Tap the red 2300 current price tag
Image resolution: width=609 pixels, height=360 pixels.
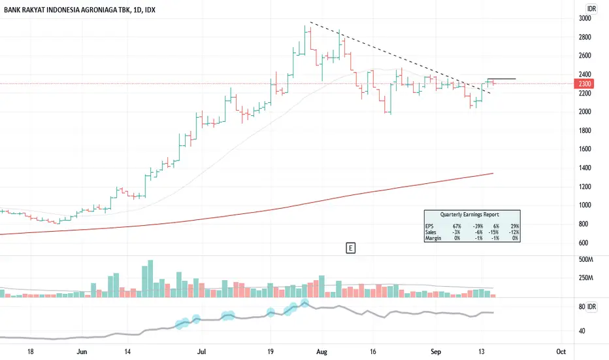tap(584, 84)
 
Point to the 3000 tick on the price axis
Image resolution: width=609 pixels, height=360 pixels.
tap(585, 18)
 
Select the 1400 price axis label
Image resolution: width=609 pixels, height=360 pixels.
tap(585, 168)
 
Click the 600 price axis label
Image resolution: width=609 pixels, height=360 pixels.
tap(583, 242)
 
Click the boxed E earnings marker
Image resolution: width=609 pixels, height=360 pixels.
tap(350, 248)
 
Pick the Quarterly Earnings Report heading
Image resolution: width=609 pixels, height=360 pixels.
tap(469, 215)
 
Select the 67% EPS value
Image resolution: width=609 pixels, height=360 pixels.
tap(457, 226)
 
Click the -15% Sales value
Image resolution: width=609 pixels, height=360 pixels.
tap(493, 232)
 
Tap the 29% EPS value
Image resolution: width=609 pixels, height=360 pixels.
tap(515, 226)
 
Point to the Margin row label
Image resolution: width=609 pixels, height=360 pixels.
tap(433, 238)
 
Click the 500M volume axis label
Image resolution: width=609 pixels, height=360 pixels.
tap(586, 259)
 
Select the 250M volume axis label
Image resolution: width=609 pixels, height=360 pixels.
tap(586, 278)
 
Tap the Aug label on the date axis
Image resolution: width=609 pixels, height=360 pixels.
tap(321, 352)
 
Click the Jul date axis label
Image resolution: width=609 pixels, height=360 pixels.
tap(201, 352)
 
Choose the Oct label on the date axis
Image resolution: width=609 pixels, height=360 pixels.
tap(561, 352)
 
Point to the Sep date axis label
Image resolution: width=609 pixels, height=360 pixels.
tap(436, 352)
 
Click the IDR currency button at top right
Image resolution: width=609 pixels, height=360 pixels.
tap(591, 9)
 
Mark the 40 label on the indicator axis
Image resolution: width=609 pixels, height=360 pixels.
tap(582, 331)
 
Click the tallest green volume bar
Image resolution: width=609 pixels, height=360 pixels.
tap(150, 279)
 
